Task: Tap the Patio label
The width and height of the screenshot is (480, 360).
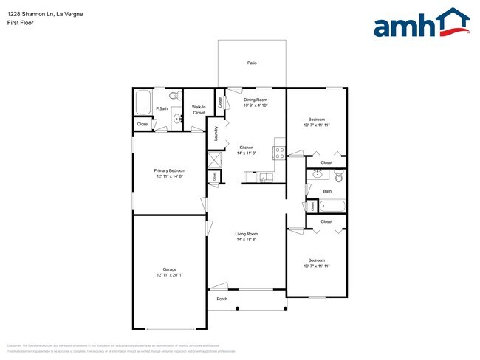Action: click(x=252, y=63)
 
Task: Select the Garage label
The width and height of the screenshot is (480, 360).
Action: click(x=169, y=269)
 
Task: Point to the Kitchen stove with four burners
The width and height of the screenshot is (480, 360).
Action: click(x=280, y=153)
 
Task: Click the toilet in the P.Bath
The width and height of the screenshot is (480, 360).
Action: click(x=174, y=97)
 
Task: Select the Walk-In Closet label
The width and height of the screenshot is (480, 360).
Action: click(x=199, y=110)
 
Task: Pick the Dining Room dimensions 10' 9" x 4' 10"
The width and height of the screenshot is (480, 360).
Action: click(x=256, y=105)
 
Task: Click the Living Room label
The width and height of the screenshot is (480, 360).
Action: click(x=246, y=234)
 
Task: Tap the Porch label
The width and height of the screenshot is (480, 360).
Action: click(x=222, y=299)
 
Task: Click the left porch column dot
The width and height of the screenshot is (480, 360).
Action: click(x=238, y=309)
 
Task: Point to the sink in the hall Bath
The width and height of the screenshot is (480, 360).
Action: click(x=318, y=175)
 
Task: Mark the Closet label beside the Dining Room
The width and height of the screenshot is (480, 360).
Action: click(x=220, y=102)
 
